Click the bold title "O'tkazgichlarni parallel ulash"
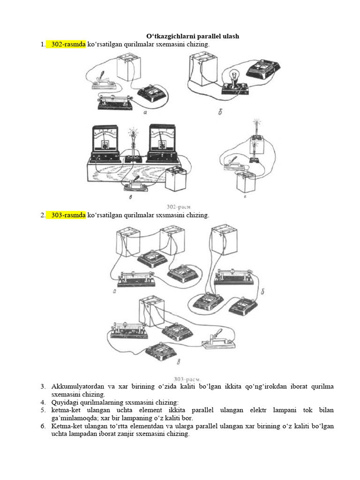[x=193, y=36]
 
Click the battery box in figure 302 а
[x=129, y=67]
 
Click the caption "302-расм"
[x=179, y=207]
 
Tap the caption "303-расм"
[x=187, y=379]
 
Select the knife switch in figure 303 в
[x=218, y=339]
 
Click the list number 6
[x=43, y=426]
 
